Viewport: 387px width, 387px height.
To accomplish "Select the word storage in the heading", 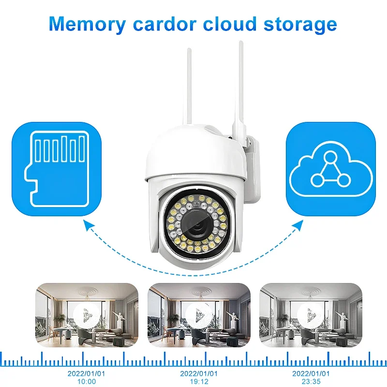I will (301, 23).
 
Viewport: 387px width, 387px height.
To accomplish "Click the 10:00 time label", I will (87, 381).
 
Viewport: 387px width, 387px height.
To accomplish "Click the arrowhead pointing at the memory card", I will (88, 223).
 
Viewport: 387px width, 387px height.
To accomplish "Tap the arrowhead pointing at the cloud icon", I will (301, 223).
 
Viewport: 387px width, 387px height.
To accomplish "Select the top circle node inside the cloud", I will (331, 157).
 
